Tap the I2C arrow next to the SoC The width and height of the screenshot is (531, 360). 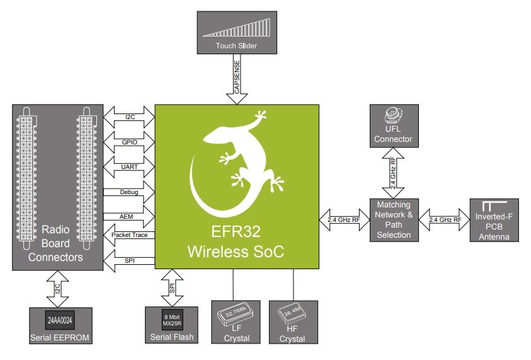click(x=130, y=117)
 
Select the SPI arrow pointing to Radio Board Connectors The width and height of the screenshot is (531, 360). click(x=130, y=260)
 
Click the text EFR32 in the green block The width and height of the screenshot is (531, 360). click(x=236, y=231)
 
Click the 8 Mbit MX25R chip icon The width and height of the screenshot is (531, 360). click(x=172, y=318)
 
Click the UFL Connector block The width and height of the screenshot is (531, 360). click(x=392, y=127)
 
